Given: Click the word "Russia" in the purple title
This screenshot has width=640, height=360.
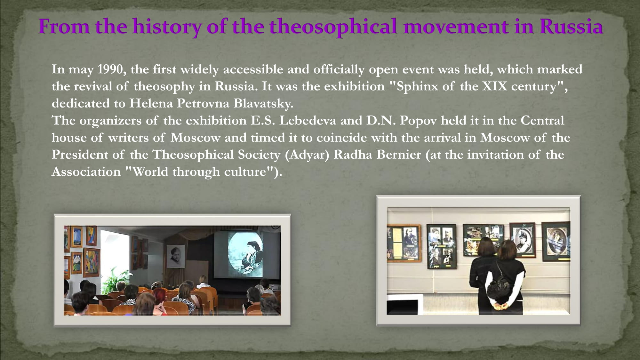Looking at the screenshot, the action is tap(571, 26).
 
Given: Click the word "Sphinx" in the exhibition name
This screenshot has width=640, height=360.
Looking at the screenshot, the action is tap(417, 87).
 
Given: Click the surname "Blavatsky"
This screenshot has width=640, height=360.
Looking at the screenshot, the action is tap(263, 103).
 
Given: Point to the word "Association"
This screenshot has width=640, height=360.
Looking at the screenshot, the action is tap(86, 172).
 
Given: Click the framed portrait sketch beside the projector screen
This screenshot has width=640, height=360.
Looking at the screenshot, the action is tap(175, 256).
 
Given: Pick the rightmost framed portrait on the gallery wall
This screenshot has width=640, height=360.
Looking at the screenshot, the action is tap(556, 241).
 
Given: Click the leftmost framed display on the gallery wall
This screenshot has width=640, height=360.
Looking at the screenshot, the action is tap(404, 243).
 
